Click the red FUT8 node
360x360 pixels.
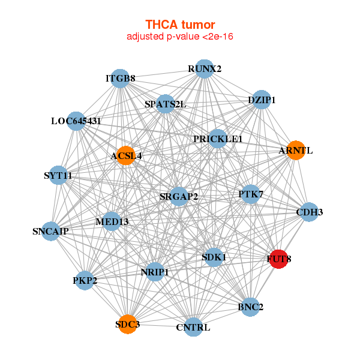pos(278,259)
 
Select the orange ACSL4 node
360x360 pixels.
pos(125,156)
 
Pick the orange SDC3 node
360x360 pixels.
pos(127,324)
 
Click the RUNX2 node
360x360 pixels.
pos(205,68)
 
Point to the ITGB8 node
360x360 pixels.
pos(120,79)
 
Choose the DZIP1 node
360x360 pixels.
pos(262,100)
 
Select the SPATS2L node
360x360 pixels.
pos(165,104)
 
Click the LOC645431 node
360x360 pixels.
pos(76,121)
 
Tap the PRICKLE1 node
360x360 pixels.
pos(218,139)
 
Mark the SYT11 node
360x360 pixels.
pos(58,175)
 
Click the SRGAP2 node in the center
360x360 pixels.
pos(179,196)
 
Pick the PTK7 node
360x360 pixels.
pos(251,194)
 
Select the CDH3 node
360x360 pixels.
pos(309,212)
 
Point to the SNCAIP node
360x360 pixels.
pos(50,231)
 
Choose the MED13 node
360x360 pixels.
pos(112,221)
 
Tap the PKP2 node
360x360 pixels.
pos(85,280)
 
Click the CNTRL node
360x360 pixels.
pos(193,327)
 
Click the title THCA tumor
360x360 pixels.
pos(180,25)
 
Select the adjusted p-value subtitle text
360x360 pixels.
pos(180,37)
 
